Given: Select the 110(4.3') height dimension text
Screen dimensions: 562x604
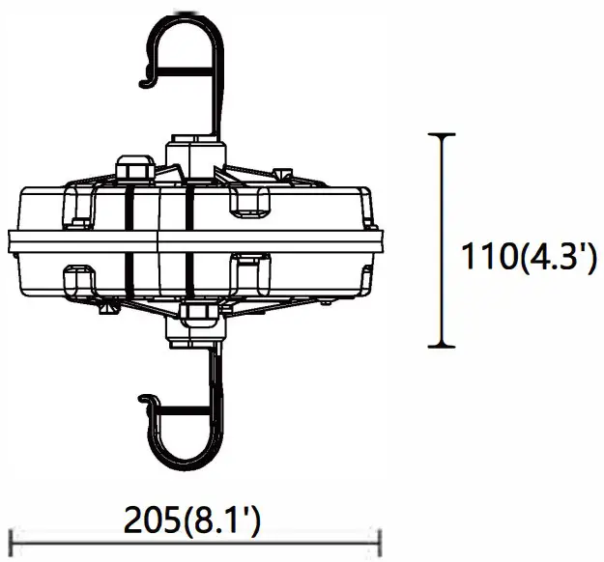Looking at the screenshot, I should pyautogui.click(x=527, y=259).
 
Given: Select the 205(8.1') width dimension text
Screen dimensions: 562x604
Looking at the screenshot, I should pyautogui.click(x=193, y=521).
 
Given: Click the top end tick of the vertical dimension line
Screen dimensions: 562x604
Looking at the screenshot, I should pyautogui.click(x=443, y=135).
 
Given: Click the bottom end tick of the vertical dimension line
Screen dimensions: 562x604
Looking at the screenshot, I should pyautogui.click(x=443, y=346).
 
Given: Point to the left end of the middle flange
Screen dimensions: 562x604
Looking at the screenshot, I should pyautogui.click(x=10, y=239).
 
